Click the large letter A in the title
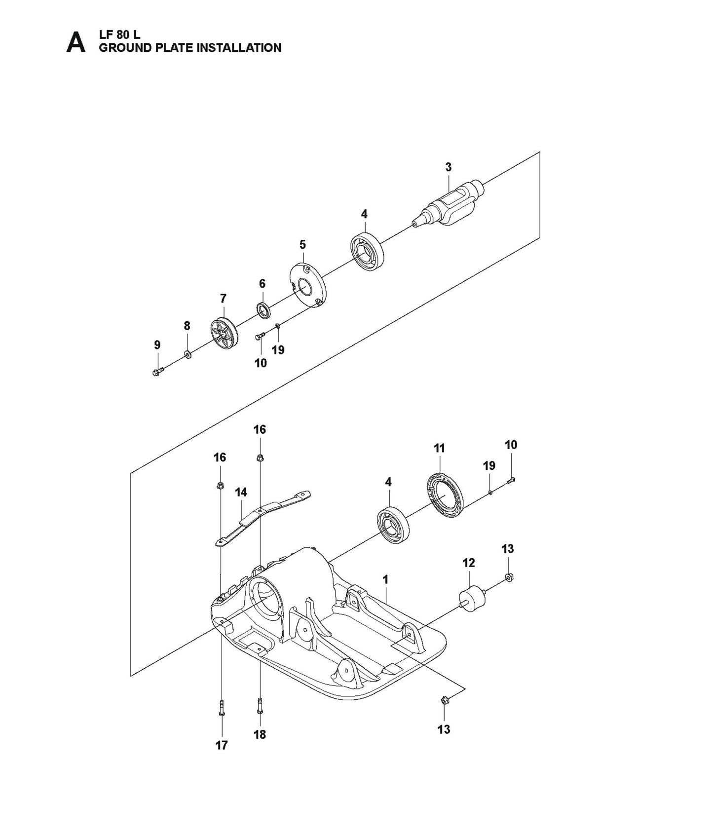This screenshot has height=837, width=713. (x=75, y=42)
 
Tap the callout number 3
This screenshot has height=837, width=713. (x=448, y=167)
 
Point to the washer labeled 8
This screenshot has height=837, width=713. (x=188, y=354)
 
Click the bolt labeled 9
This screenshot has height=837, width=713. (x=156, y=372)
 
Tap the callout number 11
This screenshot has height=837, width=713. (x=439, y=448)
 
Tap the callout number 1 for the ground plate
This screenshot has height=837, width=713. (x=385, y=579)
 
